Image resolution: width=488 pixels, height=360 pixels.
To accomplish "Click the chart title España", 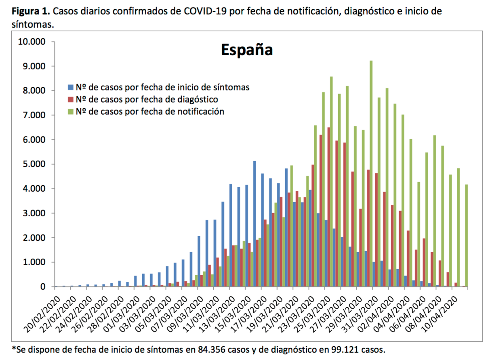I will [x=247, y=50].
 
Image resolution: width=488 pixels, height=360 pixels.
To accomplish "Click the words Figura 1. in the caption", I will [x=31, y=11].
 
